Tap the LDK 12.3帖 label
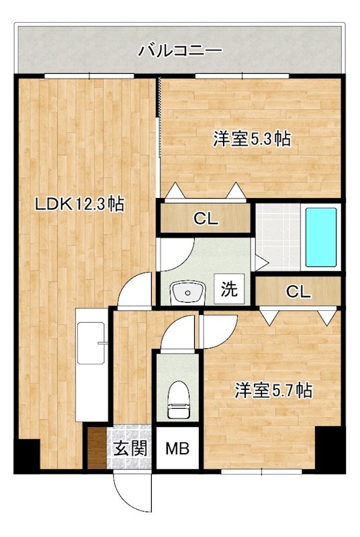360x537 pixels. [x=79, y=205]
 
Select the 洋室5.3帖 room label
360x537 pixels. [x=252, y=140]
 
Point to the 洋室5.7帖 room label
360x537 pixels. [x=273, y=391]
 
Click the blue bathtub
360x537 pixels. [x=321, y=237]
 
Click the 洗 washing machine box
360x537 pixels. [x=230, y=290]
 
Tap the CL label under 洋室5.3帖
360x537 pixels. [x=205, y=218]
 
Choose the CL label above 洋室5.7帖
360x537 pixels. [x=298, y=291]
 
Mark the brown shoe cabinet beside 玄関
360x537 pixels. [x=97, y=448]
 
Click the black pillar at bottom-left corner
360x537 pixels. [x=27, y=456]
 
